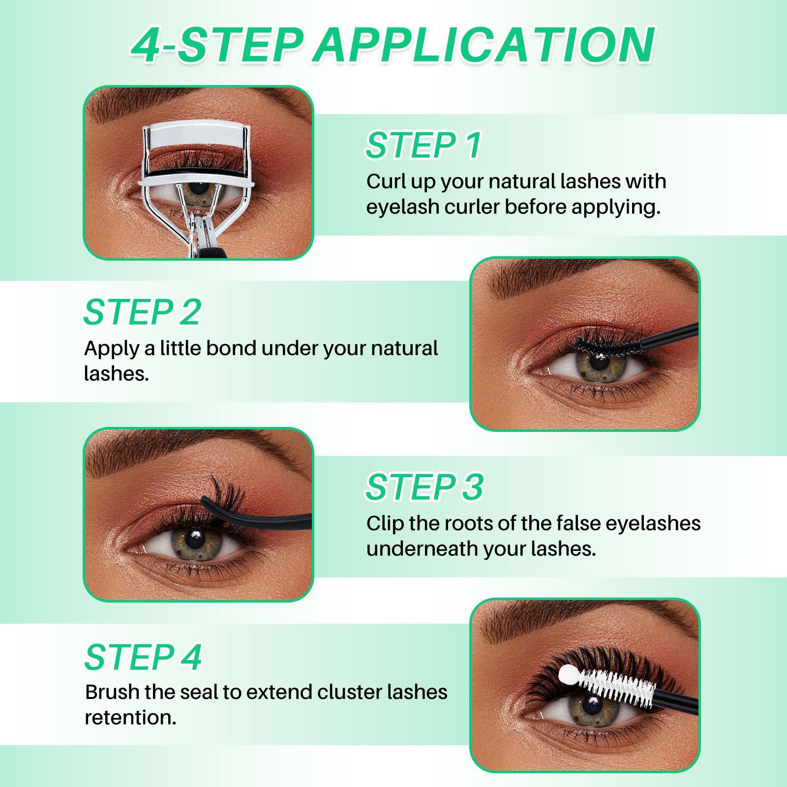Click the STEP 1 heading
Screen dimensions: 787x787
click(x=423, y=145)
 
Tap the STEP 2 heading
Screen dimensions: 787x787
click(x=143, y=312)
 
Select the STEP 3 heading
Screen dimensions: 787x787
click(x=424, y=487)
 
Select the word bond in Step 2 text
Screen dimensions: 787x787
click(x=231, y=348)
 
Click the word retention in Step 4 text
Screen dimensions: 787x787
click(x=130, y=718)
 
